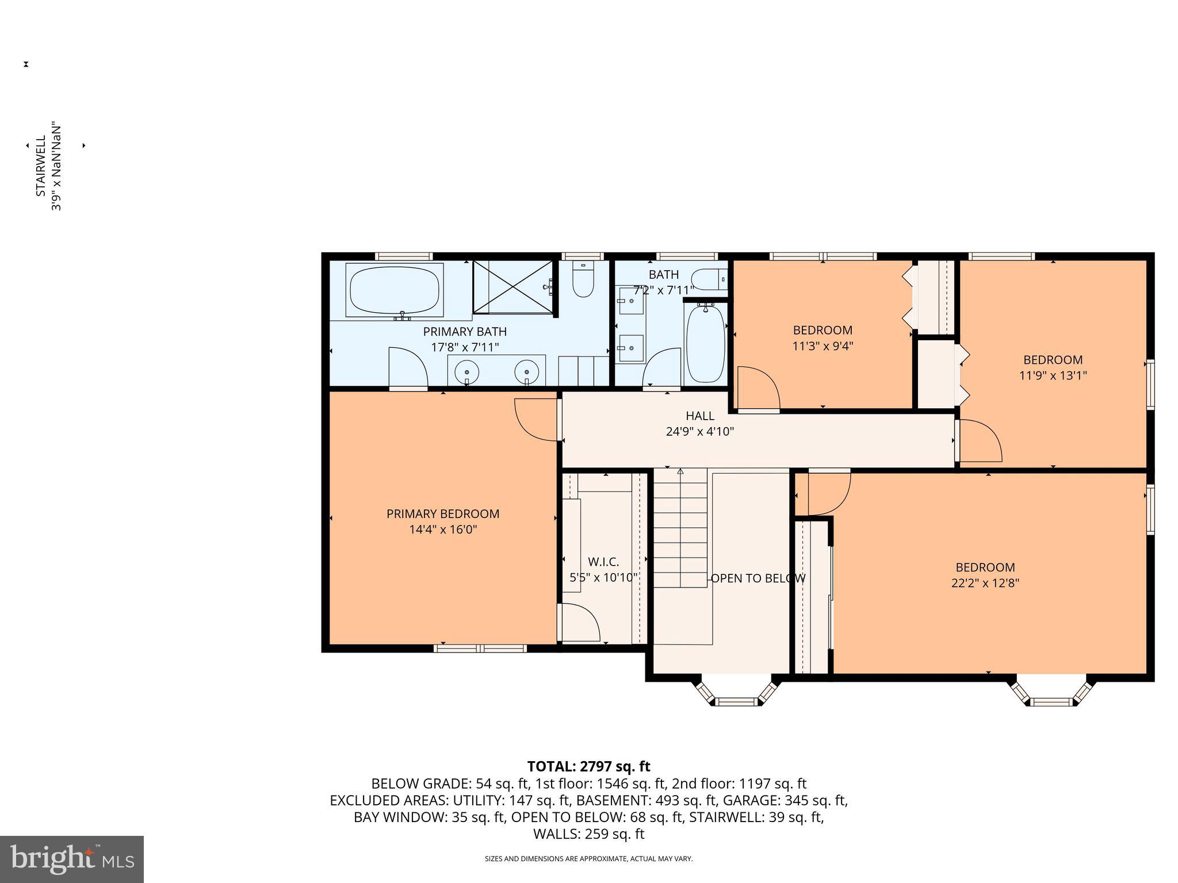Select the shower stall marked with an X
[512, 286]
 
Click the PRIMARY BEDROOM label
[442, 514]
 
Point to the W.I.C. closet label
[603, 562]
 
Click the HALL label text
[699, 416]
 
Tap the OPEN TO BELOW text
[758, 578]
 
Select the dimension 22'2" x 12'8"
[985, 583]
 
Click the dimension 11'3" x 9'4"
[822, 346]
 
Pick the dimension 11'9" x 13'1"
[1053, 375]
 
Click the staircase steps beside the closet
[680, 529]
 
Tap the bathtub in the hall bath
[705, 344]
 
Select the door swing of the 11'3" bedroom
[758, 389]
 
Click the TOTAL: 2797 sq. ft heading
[588, 766]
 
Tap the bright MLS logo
[72, 859]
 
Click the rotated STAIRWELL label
[41, 167]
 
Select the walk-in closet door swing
[580, 622]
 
